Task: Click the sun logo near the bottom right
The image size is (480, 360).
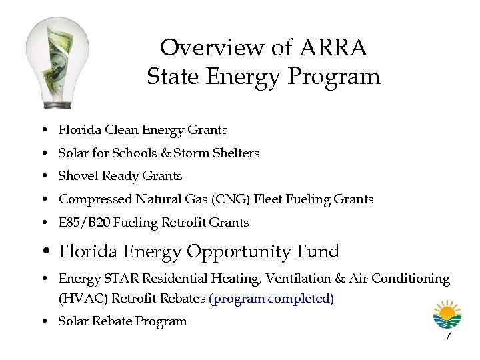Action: point(447,314)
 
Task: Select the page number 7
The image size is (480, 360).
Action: point(448,336)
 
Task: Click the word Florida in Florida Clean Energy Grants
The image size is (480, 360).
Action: point(77,130)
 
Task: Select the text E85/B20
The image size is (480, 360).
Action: point(82,223)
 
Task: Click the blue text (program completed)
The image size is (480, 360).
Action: point(271,299)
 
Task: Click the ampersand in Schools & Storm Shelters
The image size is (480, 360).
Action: point(166,153)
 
